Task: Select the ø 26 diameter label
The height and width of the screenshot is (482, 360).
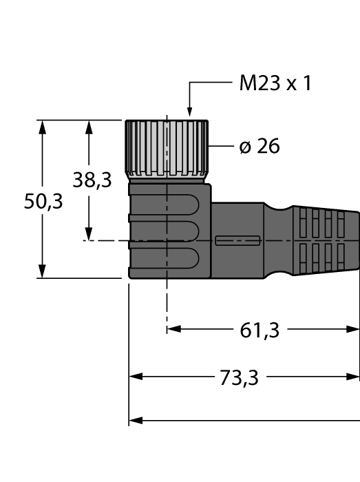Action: coord(260,146)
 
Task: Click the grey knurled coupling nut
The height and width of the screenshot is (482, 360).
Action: coord(167,147)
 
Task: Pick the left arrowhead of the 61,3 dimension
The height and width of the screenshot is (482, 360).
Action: coord(173,329)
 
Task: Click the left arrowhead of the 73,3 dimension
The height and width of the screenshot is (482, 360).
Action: coord(136,377)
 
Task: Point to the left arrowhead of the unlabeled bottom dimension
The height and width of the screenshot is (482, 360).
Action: coord(136,419)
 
